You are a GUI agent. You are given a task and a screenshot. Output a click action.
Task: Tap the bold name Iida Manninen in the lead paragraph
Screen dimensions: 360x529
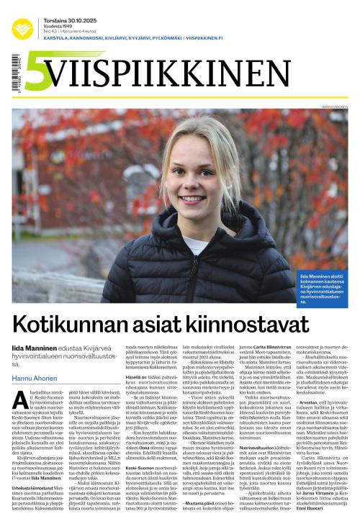pos(35,348)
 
